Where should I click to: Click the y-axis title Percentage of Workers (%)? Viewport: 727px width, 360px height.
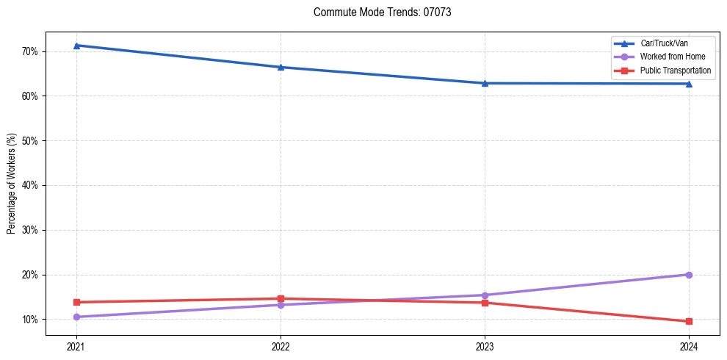pyautogui.click(x=12, y=184)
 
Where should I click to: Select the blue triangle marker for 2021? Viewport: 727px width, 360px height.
pyautogui.click(x=76, y=46)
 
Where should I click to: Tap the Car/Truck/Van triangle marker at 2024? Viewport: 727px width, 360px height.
pyautogui.click(x=689, y=84)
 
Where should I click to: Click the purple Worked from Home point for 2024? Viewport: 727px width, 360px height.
pyautogui.click(x=689, y=275)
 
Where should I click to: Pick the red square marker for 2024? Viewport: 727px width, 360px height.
pyautogui.click(x=689, y=321)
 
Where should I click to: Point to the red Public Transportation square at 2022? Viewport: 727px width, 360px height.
pyautogui.click(x=281, y=299)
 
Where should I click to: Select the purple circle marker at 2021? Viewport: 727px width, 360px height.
pyautogui.click(x=76, y=317)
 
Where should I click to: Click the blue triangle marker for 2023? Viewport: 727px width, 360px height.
pyautogui.click(x=485, y=83)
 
